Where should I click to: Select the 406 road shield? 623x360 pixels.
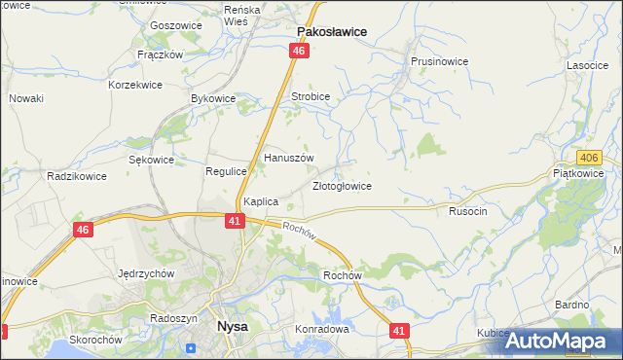pos(587,158)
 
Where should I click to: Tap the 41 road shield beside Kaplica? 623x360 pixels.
pos(235,222)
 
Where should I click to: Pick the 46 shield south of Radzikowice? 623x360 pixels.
pos(83,230)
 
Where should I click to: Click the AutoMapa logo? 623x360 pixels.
pos(565,341)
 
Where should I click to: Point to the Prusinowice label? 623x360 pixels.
pos(439,61)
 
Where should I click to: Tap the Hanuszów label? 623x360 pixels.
pos(288,158)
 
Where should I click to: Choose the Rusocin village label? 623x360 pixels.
pos(467,210)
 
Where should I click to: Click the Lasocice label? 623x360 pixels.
pos(587,65)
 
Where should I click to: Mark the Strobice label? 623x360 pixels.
pos(311,97)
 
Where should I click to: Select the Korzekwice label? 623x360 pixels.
pos(135,85)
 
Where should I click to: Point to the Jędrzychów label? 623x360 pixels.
pos(145,273)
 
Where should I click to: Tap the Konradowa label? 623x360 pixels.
pos(321,329)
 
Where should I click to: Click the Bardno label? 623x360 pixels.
pos(571,305)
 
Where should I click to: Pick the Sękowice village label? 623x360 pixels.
pos(151,160)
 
